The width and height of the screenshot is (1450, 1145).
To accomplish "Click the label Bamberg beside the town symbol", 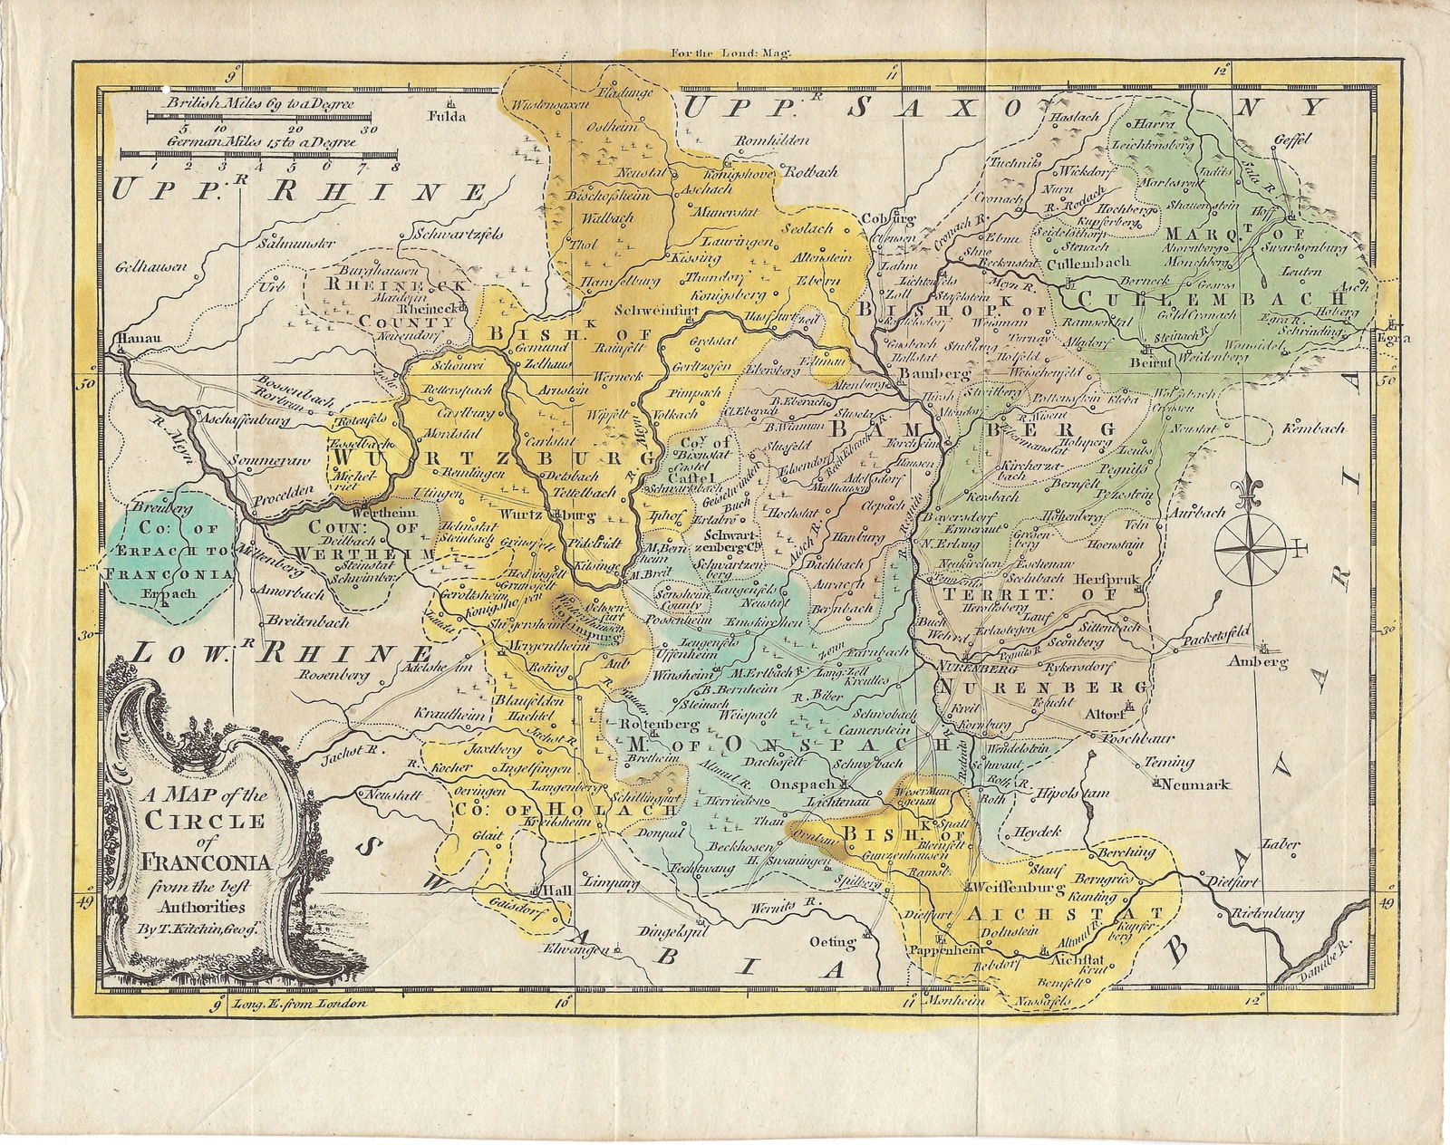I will pyautogui.click(x=922, y=373).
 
